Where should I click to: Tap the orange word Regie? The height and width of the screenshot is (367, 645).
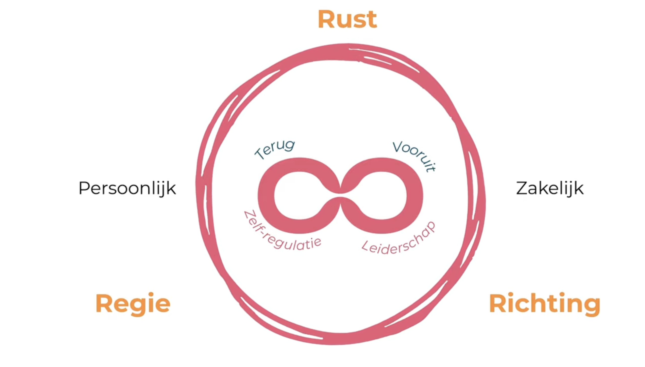(x=133, y=303)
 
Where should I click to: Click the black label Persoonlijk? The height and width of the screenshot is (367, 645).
(x=127, y=188)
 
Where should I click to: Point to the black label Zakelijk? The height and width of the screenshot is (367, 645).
(x=550, y=188)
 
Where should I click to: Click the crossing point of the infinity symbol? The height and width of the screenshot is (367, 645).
(x=340, y=195)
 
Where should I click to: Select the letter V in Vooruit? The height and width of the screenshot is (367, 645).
(x=398, y=146)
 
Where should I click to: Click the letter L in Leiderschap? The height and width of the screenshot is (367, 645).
(x=366, y=246)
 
